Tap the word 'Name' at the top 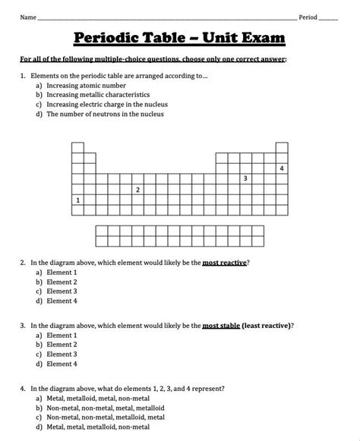tap(28, 17)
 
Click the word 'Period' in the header tap(308, 17)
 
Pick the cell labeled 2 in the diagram tap(137, 190)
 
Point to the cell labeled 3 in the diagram tap(245, 178)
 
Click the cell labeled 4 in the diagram tap(282, 168)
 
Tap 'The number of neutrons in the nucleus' tap(105, 114)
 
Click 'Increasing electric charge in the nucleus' tap(107, 105)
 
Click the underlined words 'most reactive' tap(225, 263)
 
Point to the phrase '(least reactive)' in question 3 tap(267, 326)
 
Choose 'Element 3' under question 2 tap(62, 291)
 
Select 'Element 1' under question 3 tap(62, 335)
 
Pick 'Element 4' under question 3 tap(62, 363)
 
